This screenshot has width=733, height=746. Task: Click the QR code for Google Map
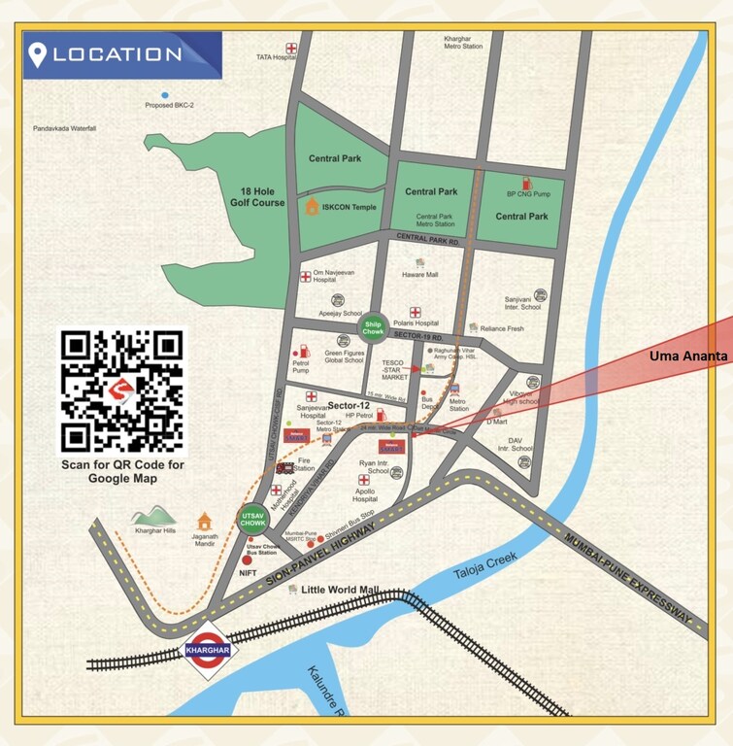(122, 391)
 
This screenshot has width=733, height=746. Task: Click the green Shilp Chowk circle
(374, 327)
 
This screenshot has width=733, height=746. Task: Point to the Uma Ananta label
(688, 357)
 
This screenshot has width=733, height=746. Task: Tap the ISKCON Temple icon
(312, 206)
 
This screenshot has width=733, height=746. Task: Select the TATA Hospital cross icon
(290, 48)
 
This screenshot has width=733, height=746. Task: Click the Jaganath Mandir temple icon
(204, 523)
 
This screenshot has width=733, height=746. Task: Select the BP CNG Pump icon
(527, 183)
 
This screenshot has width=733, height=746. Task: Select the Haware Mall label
(420, 275)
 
